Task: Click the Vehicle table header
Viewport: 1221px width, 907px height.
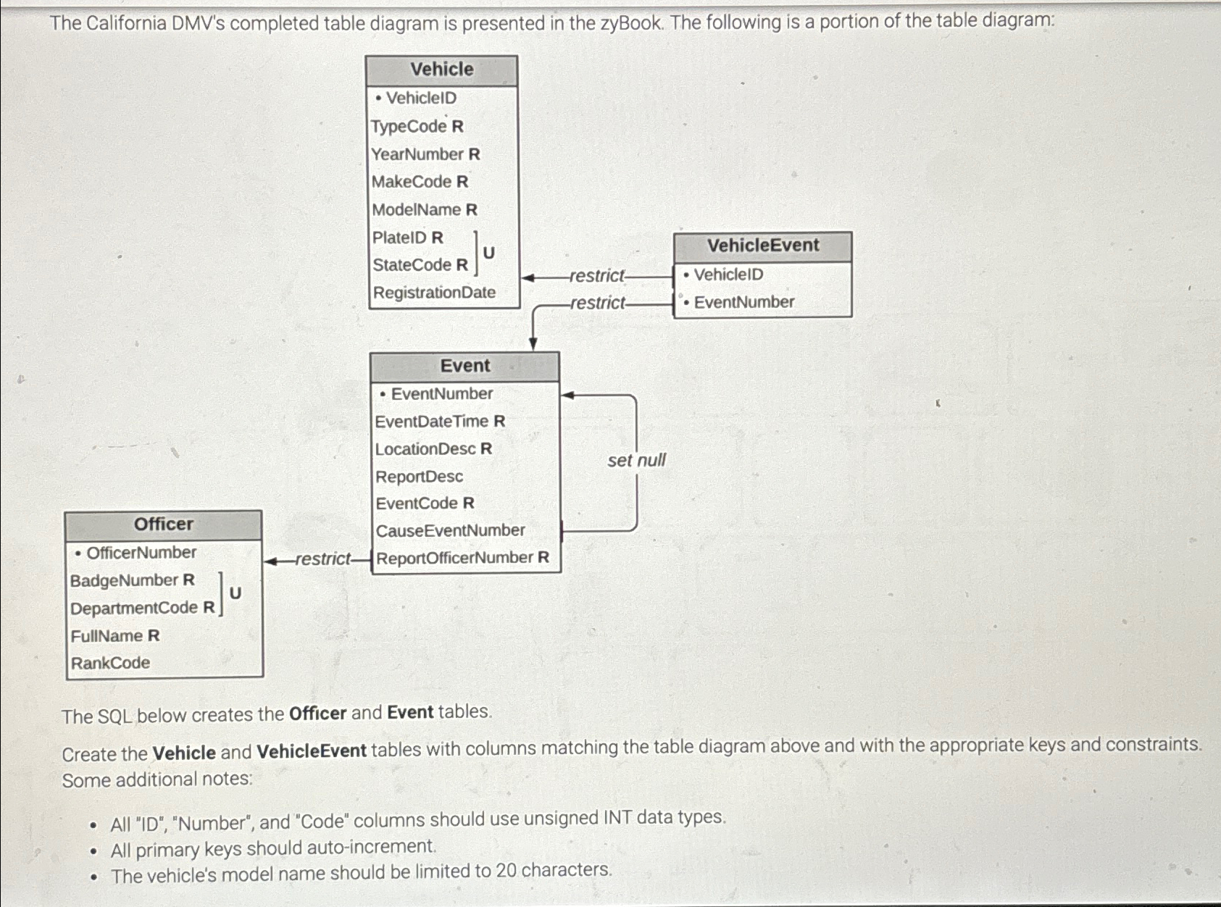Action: pyautogui.click(x=441, y=70)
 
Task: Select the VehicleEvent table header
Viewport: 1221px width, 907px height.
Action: pyautogui.click(x=762, y=246)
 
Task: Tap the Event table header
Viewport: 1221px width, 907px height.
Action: pyautogui.click(x=464, y=366)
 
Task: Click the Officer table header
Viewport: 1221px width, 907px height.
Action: pyautogui.click(x=163, y=524)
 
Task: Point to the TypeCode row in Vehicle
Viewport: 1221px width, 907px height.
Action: pyautogui.click(x=417, y=126)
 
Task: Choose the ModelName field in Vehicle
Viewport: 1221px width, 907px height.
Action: pyautogui.click(x=424, y=209)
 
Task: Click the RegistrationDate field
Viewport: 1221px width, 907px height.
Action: pyautogui.click(x=434, y=293)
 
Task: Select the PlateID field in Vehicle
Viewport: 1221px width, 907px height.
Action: pyautogui.click(x=407, y=238)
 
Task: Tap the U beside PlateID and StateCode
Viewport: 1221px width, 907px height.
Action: pyautogui.click(x=488, y=252)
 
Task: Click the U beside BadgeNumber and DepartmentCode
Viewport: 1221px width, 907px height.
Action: pyautogui.click(x=235, y=593)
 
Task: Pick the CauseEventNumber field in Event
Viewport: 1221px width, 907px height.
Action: pyautogui.click(x=450, y=530)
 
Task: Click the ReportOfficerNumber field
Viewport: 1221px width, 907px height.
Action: pyautogui.click(x=462, y=558)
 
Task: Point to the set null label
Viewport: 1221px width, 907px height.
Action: pyautogui.click(x=636, y=460)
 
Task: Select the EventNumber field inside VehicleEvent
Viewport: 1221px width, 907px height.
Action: pyautogui.click(x=743, y=302)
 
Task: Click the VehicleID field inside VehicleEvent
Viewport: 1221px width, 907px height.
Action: pyautogui.click(x=728, y=275)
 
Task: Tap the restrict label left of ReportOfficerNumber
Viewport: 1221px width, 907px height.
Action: pyautogui.click(x=322, y=559)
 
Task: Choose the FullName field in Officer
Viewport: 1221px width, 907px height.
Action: pyautogui.click(x=114, y=635)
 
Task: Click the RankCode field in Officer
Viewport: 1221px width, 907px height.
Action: pyautogui.click(x=110, y=663)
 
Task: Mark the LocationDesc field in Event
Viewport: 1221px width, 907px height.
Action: pyautogui.click(x=433, y=449)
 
